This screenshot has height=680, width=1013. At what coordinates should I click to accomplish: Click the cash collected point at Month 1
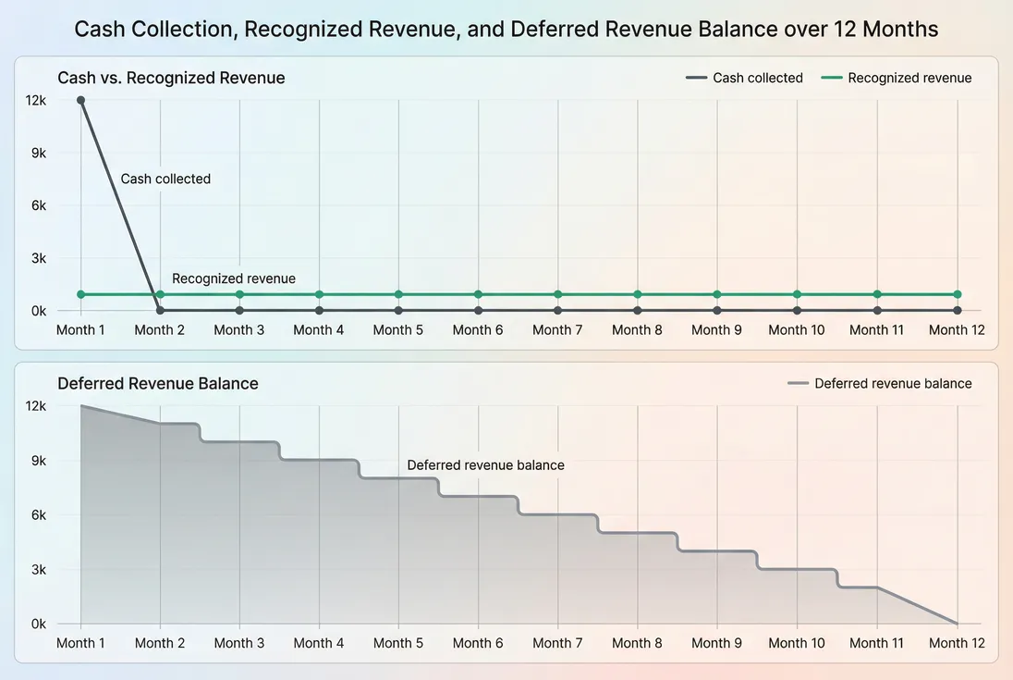point(81,100)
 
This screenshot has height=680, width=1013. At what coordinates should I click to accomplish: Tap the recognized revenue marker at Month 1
point(81,294)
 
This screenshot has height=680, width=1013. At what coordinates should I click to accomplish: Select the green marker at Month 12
point(957,294)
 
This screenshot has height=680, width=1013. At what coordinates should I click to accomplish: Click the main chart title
point(506,30)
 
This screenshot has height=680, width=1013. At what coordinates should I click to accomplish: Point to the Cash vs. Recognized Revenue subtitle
point(171,78)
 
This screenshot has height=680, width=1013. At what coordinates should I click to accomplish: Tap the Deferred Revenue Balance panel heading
point(157,383)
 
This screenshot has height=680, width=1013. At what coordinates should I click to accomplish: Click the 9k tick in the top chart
point(39,153)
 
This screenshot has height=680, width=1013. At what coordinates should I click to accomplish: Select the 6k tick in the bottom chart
point(39,514)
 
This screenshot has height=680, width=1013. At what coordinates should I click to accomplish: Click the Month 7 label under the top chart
point(557,329)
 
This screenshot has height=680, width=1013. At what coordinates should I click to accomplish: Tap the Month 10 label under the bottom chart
point(796,642)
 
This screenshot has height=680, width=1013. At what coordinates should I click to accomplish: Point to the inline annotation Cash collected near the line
point(165,179)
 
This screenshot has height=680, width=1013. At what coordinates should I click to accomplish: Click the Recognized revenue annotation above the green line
point(234,278)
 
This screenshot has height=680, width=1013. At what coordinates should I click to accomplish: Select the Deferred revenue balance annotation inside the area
point(485,465)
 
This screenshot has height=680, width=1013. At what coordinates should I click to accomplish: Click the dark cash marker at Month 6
point(478,310)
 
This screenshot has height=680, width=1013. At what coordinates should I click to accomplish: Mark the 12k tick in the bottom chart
point(37,405)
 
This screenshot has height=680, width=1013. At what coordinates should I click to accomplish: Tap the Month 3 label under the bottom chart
point(238,642)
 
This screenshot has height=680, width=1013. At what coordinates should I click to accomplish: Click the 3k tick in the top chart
point(39,258)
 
